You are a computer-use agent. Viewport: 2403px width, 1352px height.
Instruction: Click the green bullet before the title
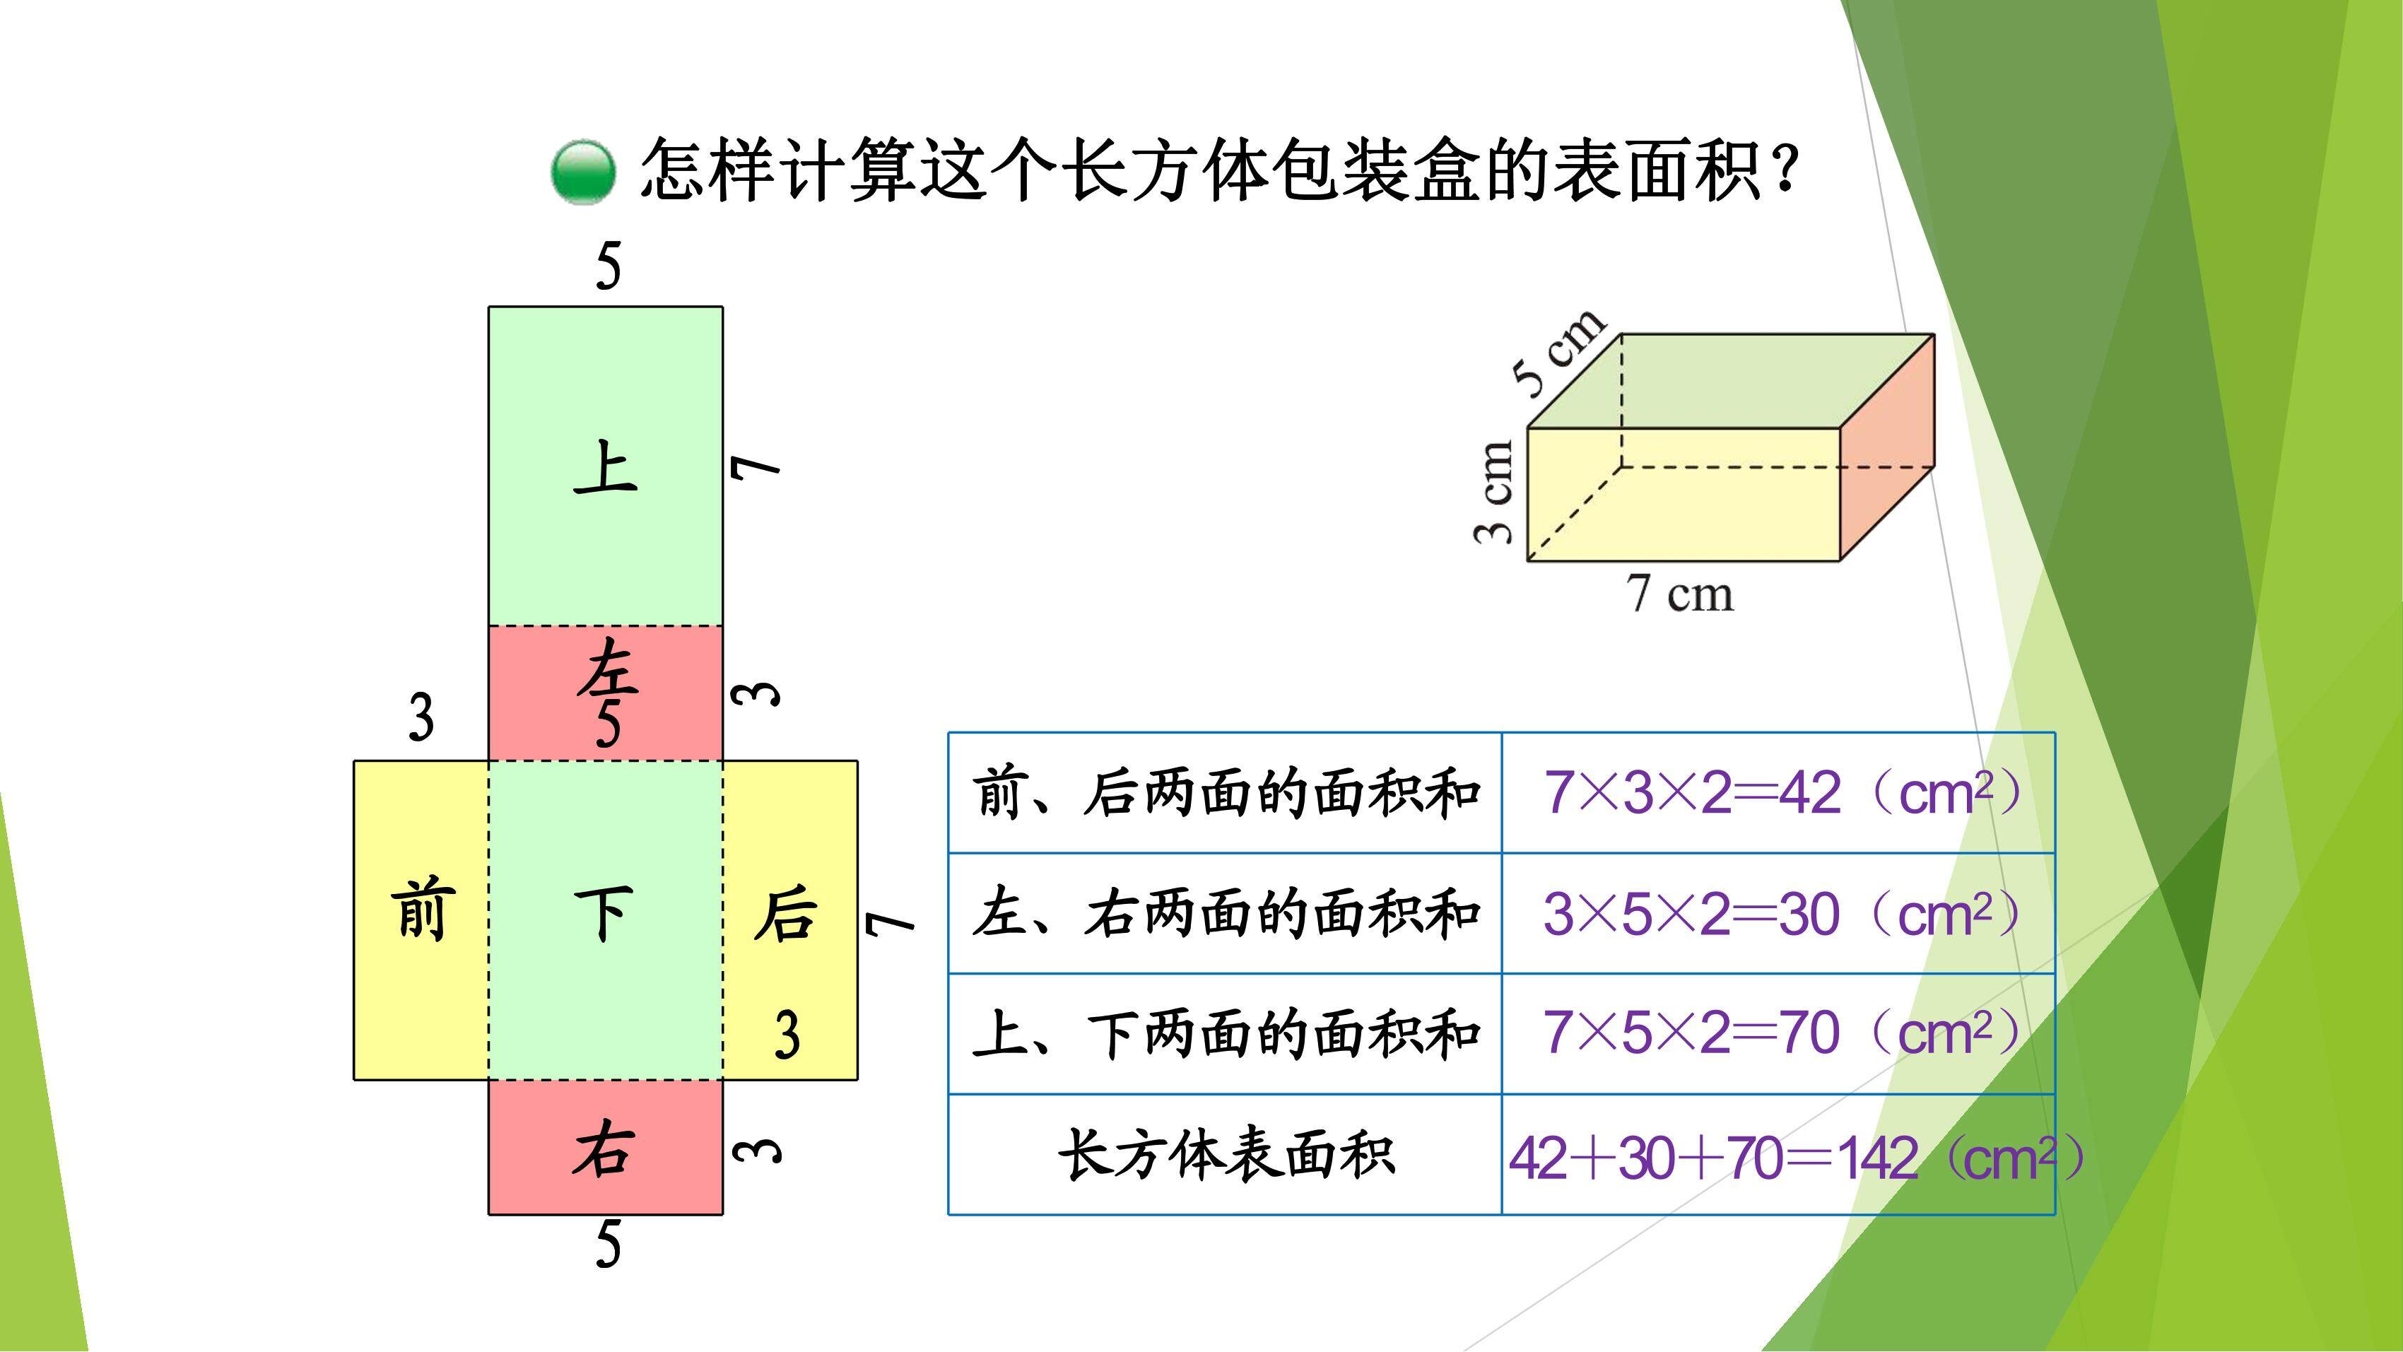click(583, 172)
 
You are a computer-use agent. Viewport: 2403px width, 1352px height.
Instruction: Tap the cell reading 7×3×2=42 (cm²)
click(1779, 793)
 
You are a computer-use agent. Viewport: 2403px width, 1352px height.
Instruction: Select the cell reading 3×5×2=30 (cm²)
click(1779, 913)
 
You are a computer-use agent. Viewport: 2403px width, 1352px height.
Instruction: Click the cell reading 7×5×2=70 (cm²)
click(1779, 1034)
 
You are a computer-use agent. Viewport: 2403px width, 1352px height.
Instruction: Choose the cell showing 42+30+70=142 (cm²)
click(1779, 1155)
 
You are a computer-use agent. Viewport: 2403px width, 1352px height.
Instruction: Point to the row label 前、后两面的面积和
click(1226, 793)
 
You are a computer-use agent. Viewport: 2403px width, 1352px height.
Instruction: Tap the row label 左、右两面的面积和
click(1226, 913)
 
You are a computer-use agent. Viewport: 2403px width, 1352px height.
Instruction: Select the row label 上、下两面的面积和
click(1226, 1034)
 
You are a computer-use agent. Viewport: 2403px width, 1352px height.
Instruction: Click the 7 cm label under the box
click(1679, 594)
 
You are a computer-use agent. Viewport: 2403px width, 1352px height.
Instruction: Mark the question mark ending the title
click(1782, 172)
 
